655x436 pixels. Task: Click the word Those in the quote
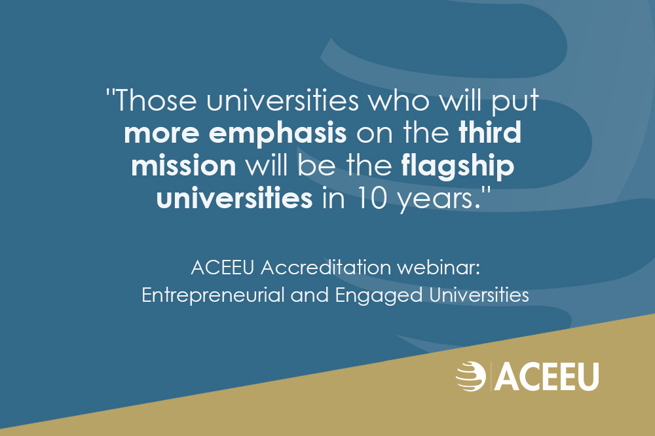(155, 100)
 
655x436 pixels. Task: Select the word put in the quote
(515, 103)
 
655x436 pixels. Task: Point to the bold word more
(162, 134)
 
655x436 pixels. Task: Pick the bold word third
(490, 132)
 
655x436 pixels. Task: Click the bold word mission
(184, 165)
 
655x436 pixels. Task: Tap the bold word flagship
(457, 167)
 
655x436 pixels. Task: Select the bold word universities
(234, 198)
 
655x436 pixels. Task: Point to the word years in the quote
(436, 200)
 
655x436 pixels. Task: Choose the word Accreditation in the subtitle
(326, 267)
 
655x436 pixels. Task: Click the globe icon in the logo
(470, 376)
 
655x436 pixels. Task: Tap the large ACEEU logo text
(546, 376)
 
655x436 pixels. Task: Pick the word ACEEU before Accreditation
(222, 267)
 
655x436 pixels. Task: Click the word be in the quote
(316, 165)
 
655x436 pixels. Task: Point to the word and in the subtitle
(310, 295)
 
